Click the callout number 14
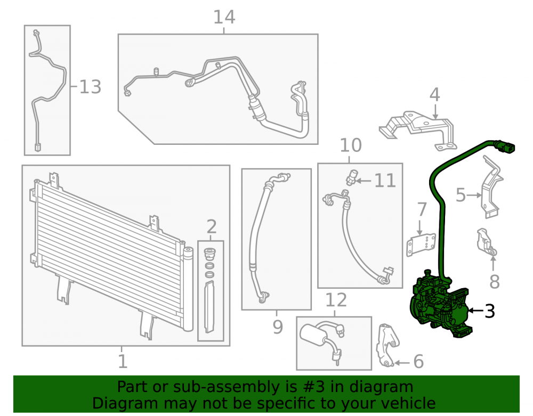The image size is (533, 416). pos(224,17)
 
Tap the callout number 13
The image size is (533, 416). pos(90,87)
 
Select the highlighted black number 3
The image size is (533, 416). pos(489,311)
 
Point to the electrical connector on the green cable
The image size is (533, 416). pos(505,148)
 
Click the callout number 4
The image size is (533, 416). pos(435,95)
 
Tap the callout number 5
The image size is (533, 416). pos(461,195)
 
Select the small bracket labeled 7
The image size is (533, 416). pos(421,245)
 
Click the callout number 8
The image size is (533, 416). pos(494,282)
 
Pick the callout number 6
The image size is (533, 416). pos(418,361)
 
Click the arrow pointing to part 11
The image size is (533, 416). pos(364,181)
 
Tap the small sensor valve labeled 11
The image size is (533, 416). pos(352,177)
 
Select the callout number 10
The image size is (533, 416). pos(351,145)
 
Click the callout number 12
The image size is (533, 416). pos(336,300)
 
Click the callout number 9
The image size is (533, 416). pos(278,327)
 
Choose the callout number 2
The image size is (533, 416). pos(212,226)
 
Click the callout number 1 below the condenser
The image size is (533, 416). pos(123,361)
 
